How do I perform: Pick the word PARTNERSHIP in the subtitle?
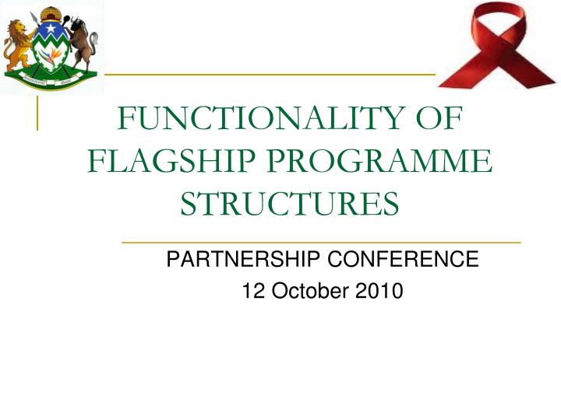(239, 260)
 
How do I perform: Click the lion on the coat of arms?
(17, 47)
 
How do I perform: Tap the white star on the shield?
(49, 33)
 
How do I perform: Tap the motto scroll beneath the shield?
(50, 78)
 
